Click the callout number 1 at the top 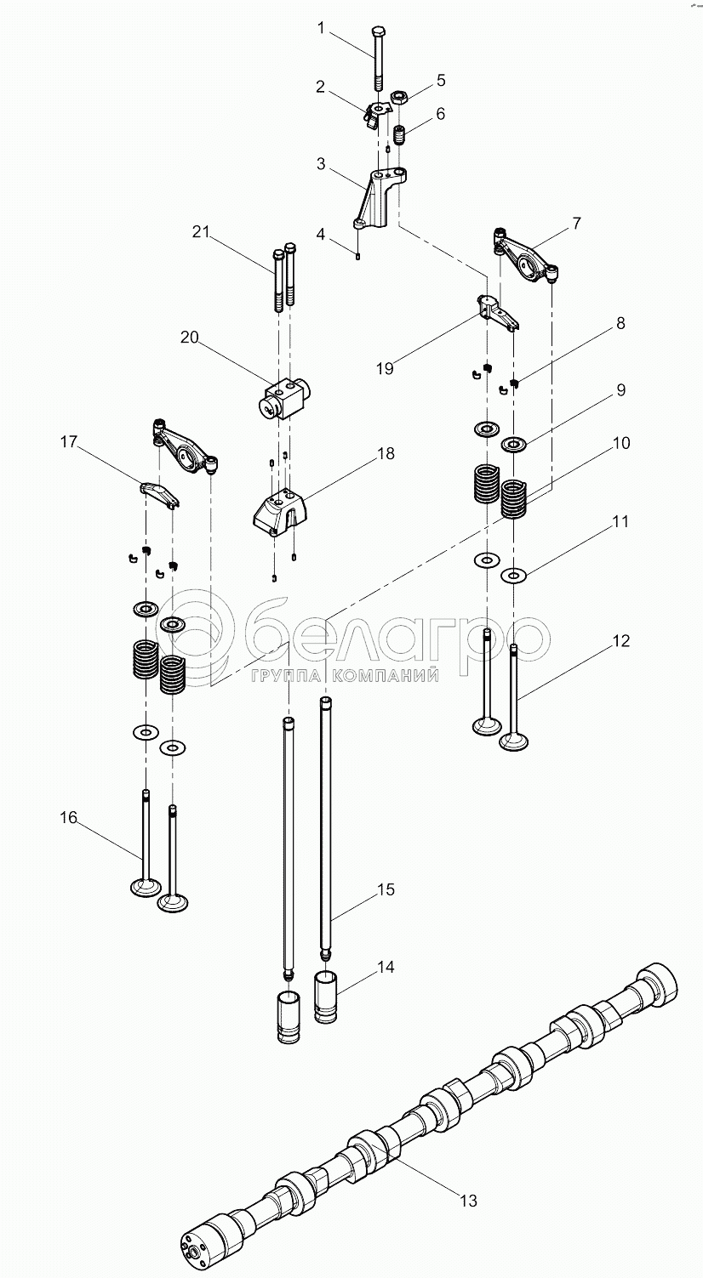click(x=321, y=27)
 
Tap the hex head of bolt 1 click(x=378, y=31)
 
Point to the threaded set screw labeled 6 click(x=400, y=136)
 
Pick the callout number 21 click(x=201, y=231)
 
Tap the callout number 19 click(x=385, y=368)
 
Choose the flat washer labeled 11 click(x=515, y=576)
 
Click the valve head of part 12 click(x=513, y=742)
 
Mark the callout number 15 click(x=386, y=889)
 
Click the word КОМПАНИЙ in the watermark click(x=386, y=676)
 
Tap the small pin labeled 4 click(x=357, y=256)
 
